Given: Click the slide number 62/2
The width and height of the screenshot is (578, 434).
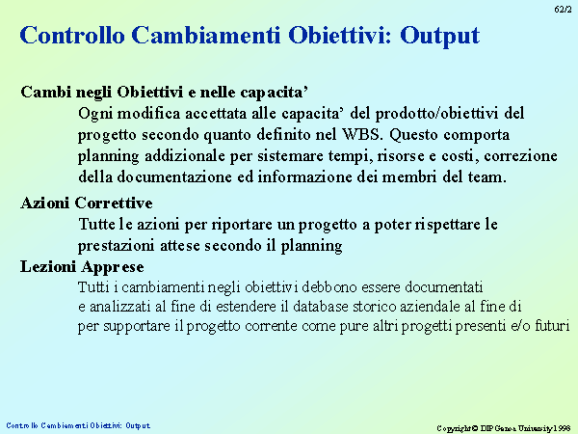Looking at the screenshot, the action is click(x=563, y=10).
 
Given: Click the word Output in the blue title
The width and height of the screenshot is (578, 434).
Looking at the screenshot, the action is click(x=440, y=37).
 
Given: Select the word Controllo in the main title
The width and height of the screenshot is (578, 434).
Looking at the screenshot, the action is click(x=72, y=35).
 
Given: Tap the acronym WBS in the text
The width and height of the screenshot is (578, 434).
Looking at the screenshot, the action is click(x=361, y=134).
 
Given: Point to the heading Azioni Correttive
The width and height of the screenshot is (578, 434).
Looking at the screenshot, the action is click(x=87, y=203).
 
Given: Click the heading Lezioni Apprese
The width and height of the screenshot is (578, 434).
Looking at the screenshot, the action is click(x=82, y=267).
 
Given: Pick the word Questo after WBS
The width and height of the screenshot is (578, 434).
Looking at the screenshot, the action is click(x=413, y=135).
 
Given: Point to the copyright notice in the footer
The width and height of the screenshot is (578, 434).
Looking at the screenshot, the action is click(x=504, y=428).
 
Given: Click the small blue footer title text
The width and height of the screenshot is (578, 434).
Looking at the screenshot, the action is click(x=78, y=425).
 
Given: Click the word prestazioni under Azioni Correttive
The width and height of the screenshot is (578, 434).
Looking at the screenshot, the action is click(x=116, y=246).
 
